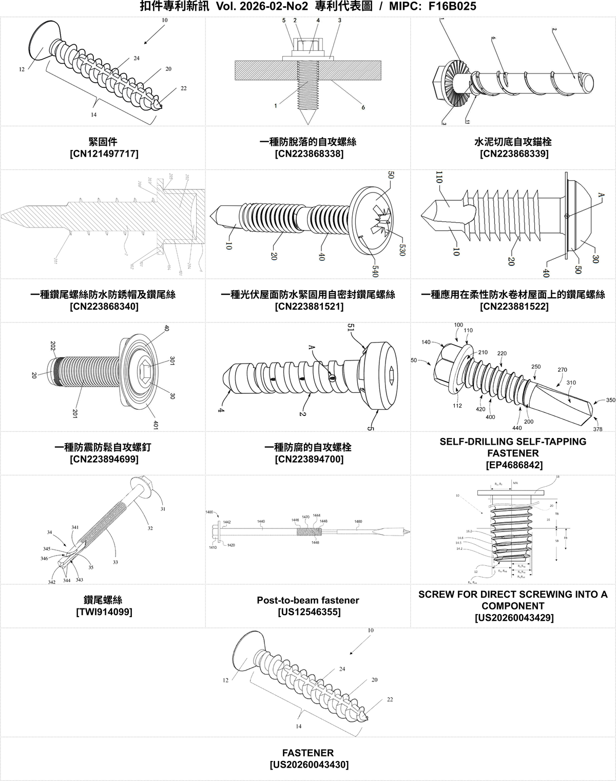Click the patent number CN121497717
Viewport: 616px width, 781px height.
pos(104,154)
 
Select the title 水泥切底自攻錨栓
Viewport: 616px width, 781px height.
pos(513,141)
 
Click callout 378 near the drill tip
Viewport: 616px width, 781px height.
pos(598,429)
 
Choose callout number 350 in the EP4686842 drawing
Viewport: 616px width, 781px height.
pos(610,400)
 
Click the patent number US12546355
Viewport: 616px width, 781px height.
pos(309,612)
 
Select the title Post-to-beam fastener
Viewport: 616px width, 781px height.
pos(308,600)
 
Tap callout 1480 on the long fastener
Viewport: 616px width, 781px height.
pos(358,522)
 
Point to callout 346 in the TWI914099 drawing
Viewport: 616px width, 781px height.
pos(44,558)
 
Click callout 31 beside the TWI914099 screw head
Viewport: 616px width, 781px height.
pos(163,509)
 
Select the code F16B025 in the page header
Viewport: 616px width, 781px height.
pos(452,6)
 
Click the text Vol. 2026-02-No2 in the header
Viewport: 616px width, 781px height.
pos(262,6)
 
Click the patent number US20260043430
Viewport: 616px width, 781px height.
pos(309,765)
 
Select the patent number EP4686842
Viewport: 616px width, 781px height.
pos(513,465)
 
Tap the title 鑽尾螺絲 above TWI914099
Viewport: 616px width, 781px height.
pos(103,600)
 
